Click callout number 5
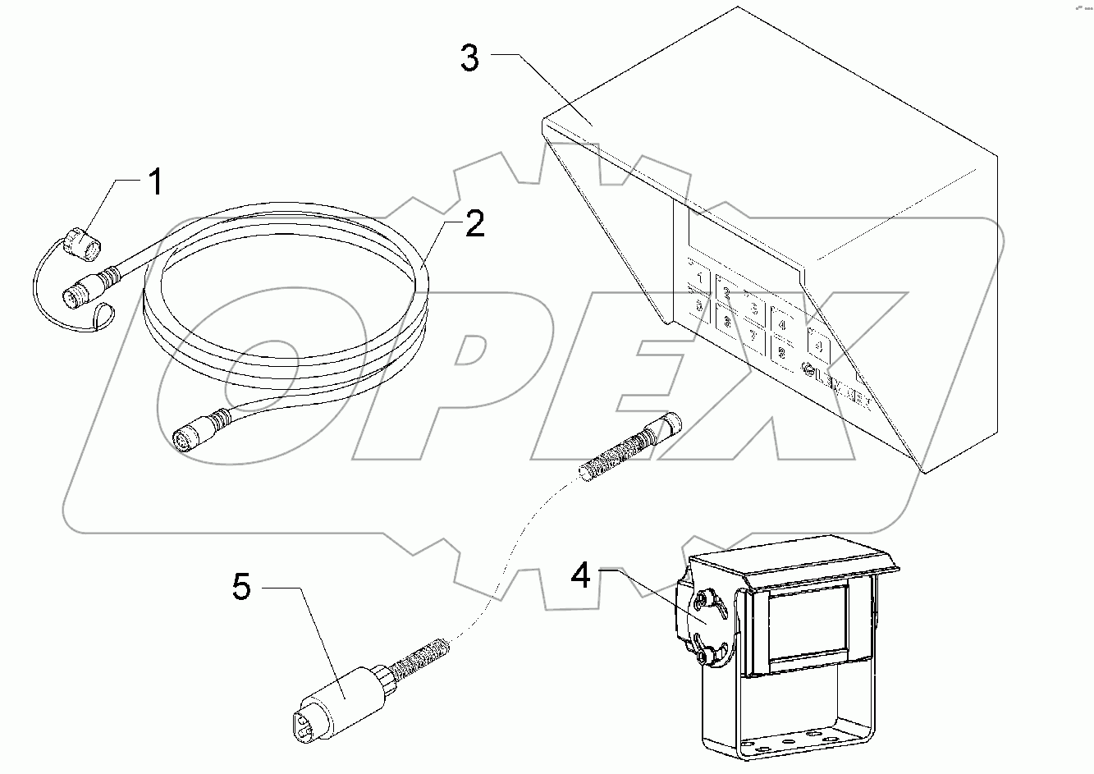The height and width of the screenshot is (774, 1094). (x=242, y=588)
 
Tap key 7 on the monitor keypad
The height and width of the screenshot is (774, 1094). (x=753, y=336)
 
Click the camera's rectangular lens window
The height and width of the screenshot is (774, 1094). (x=808, y=623)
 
